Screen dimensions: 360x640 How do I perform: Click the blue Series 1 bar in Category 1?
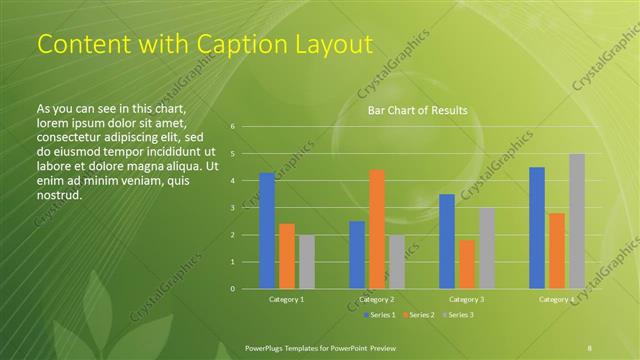coord(267,231)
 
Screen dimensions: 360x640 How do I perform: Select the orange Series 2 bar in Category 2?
coord(377,229)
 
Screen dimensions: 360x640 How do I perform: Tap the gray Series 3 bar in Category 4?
coord(577,221)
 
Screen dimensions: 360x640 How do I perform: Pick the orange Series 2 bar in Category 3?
coord(467,264)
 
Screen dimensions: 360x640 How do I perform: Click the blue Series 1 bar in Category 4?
coord(537,228)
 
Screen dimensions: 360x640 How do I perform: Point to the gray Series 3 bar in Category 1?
coord(307,262)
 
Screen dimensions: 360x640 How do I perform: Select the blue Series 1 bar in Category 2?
coord(357,255)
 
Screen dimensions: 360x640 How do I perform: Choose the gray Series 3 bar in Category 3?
coord(487,248)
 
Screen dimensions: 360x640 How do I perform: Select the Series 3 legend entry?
coord(458,315)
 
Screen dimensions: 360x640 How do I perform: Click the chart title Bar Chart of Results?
coord(417,110)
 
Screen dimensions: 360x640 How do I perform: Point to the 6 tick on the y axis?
coord(232,127)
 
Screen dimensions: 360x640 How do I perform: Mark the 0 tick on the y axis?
coord(232,289)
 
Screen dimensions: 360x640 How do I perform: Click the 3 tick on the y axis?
coord(232,208)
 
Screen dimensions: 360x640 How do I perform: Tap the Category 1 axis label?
coord(287,299)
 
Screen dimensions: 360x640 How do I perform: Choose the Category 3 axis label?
coord(467,299)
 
